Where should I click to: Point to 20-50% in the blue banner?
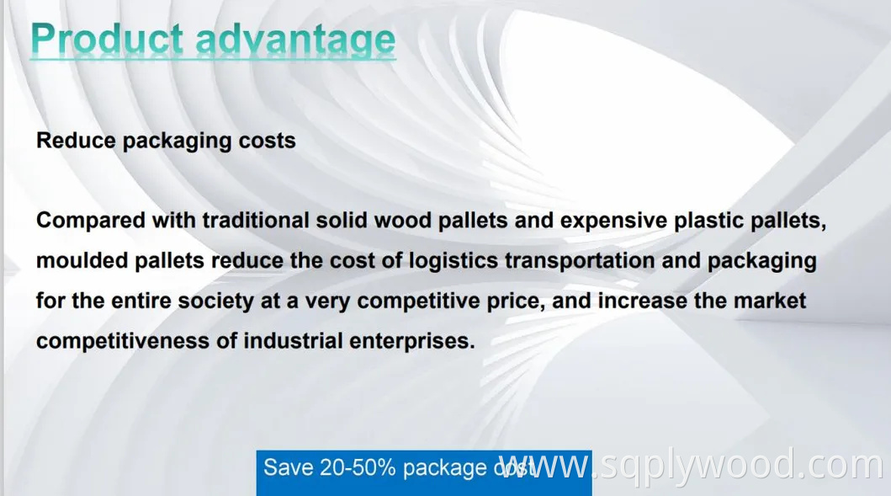pyautogui.click(x=358, y=468)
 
